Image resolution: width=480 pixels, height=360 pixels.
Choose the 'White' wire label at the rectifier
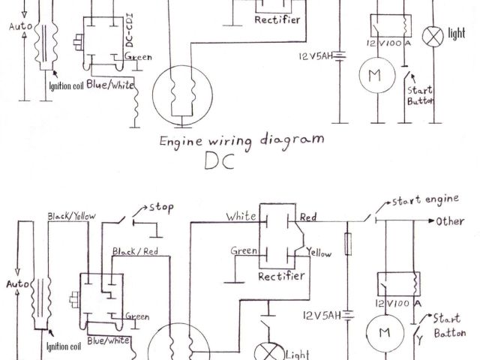[x=241, y=216]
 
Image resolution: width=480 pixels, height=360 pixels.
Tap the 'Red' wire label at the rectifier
[x=308, y=217]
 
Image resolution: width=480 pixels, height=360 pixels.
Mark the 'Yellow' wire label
[x=319, y=253]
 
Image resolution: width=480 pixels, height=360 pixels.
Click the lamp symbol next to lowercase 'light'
[x=433, y=34]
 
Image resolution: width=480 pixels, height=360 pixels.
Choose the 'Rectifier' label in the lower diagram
[x=280, y=276]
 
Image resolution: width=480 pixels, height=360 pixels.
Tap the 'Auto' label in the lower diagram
[x=16, y=285]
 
